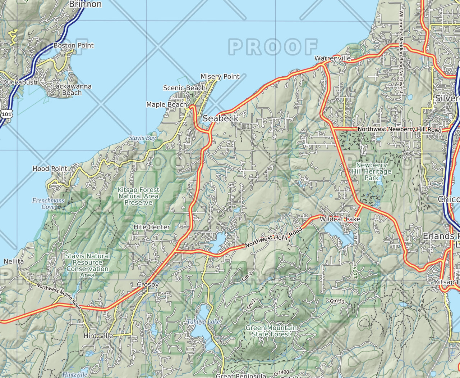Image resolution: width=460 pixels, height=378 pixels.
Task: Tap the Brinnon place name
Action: point(85,4)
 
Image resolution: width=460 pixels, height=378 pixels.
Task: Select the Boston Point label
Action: point(73,45)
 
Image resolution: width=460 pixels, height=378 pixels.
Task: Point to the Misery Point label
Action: point(220,76)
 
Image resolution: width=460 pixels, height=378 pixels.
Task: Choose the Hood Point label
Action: point(50,168)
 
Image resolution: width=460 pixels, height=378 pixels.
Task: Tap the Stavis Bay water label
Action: point(142,138)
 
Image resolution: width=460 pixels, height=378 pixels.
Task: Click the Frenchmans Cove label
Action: point(48,204)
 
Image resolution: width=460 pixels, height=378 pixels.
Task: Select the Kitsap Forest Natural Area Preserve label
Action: point(138,196)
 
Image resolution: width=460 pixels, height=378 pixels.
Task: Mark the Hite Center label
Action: point(152,227)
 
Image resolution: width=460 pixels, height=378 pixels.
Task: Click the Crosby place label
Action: point(148,284)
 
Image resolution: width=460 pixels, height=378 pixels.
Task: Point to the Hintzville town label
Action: point(98,336)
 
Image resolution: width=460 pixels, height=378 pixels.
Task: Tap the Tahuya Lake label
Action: point(203,321)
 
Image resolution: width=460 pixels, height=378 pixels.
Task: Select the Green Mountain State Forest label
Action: point(271,331)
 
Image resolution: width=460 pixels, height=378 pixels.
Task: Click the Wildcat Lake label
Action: point(340,219)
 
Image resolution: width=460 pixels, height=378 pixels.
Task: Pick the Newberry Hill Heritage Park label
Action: point(372,171)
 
